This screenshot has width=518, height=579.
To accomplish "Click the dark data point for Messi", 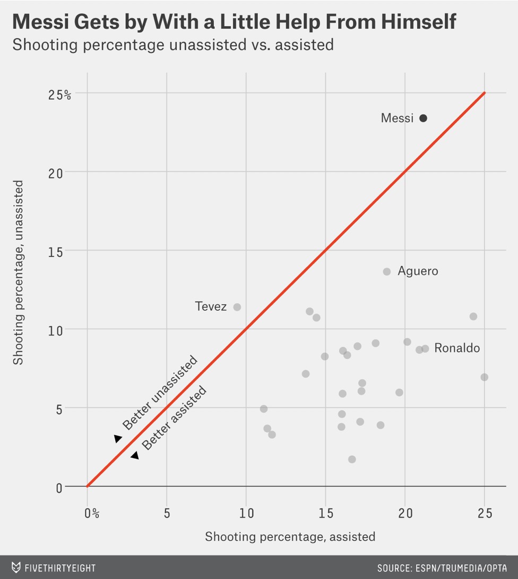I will pyautogui.click(x=423, y=118).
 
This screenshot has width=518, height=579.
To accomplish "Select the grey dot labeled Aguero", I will pyautogui.click(x=387, y=271).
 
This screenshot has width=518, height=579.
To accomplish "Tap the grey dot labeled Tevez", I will pyautogui.click(x=237, y=307).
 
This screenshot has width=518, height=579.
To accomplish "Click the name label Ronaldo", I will pyautogui.click(x=457, y=348).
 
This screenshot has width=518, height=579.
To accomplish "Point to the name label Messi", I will pyautogui.click(x=397, y=118).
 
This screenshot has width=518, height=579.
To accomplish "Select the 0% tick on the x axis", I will pyautogui.click(x=92, y=514).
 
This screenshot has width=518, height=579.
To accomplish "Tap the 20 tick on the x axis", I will pyautogui.click(x=405, y=514).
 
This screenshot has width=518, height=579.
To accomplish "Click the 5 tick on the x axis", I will pyautogui.click(x=167, y=514).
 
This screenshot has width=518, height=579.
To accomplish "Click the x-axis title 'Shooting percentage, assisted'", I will pyautogui.click(x=290, y=537).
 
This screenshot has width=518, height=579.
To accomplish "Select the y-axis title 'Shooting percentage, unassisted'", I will pyautogui.click(x=19, y=273).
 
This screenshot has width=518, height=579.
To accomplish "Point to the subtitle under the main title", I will pyautogui.click(x=173, y=45).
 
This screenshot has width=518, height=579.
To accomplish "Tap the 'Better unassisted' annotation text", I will pyautogui.click(x=160, y=393).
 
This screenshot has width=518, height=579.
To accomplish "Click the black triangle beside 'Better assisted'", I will pyautogui.click(x=135, y=455).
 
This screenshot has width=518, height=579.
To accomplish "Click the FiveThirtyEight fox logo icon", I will pyautogui.click(x=16, y=568).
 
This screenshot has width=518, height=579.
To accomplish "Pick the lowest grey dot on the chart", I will pyautogui.click(x=352, y=459).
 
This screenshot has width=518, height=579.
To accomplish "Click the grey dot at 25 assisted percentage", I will pyautogui.click(x=484, y=377).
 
